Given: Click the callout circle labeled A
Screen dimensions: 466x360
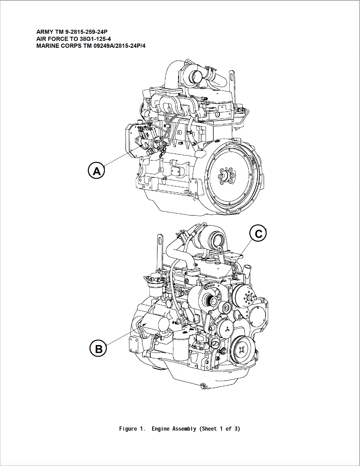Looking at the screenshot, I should point(96,170).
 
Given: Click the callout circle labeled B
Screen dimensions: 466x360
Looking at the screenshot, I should point(98,348).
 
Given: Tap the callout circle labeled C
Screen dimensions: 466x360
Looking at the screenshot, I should point(258,233).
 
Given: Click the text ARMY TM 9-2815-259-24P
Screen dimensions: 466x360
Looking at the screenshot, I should point(72,32).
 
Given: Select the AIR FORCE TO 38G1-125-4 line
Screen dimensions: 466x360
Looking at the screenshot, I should point(73,39).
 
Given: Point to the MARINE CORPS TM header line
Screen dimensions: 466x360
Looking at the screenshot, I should point(91,46).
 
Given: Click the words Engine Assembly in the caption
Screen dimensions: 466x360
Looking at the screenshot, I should point(174,429).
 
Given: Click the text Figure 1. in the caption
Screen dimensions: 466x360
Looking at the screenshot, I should point(132,429).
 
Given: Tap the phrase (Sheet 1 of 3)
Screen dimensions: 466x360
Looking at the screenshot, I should point(220,429).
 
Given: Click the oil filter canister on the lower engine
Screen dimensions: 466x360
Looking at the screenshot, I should point(181,347).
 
